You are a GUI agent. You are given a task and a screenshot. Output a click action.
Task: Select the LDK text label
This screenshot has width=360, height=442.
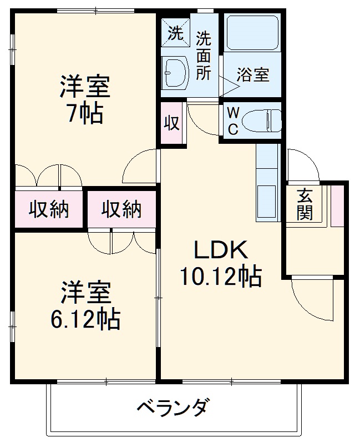tap(221, 249)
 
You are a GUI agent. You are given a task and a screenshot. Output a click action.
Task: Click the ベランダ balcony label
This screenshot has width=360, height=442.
tap(174, 407)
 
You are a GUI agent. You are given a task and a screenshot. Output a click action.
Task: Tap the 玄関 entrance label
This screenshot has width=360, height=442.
tap(305, 204)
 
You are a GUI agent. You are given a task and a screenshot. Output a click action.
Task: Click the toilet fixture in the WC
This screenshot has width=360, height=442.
tap(262, 120)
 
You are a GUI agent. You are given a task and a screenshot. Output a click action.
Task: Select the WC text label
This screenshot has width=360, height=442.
tap(233, 122)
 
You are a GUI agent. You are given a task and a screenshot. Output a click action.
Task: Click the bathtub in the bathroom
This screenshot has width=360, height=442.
tap(253, 32)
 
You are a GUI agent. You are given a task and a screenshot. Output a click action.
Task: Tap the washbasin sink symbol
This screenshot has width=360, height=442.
tap(175, 72)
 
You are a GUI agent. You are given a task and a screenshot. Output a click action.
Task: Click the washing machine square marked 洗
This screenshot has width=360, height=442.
tap(175, 32)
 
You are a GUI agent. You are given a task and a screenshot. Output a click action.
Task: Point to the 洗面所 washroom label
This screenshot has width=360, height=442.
tap(204, 56)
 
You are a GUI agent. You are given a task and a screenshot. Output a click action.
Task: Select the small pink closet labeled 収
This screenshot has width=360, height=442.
tap(171, 123)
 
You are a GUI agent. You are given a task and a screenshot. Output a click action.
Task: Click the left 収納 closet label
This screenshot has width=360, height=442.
tap(49, 209)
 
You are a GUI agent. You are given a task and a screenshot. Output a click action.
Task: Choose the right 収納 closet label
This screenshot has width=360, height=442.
tap(121, 209)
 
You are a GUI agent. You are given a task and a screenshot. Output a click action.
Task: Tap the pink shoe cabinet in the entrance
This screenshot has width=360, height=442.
tap(337, 206)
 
